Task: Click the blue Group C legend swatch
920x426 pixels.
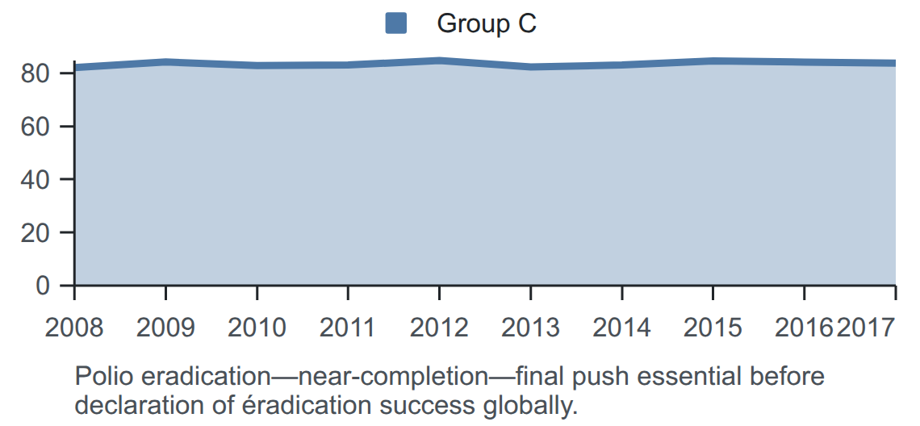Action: pyautogui.click(x=396, y=23)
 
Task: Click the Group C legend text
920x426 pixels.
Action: pyautogui.click(x=487, y=23)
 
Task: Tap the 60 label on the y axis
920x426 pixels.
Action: pyautogui.click(x=36, y=126)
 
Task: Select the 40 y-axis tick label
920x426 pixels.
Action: pyautogui.click(x=36, y=179)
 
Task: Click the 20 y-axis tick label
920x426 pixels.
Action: pyautogui.click(x=36, y=232)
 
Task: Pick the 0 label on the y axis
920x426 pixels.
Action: pyautogui.click(x=43, y=285)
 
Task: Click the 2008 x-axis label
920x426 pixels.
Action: pyautogui.click(x=74, y=327)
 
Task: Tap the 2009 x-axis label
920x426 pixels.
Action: pyautogui.click(x=165, y=327)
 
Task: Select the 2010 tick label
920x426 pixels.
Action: pyautogui.click(x=257, y=327)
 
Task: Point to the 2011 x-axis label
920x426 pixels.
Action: pyautogui.click(x=347, y=327)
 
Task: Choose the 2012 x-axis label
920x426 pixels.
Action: pyautogui.click(x=439, y=327)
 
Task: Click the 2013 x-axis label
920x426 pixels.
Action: pyautogui.click(x=530, y=327)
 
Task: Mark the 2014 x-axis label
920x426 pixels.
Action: pyautogui.click(x=621, y=327)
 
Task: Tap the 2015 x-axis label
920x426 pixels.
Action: pyautogui.click(x=713, y=327)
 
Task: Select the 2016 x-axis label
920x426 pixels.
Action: pyautogui.click(x=804, y=327)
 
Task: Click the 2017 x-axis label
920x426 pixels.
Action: pyautogui.click(x=865, y=327)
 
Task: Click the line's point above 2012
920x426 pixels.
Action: pyautogui.click(x=439, y=61)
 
